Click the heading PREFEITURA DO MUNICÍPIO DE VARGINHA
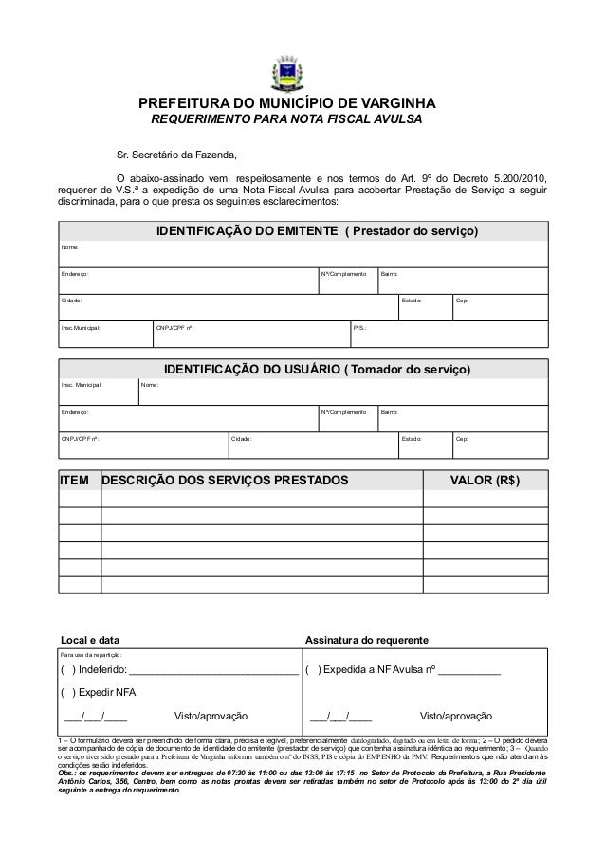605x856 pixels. tap(288, 102)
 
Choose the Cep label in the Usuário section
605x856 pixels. tap(462, 439)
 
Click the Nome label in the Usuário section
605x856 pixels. tap(150, 386)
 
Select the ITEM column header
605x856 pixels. tap(75, 480)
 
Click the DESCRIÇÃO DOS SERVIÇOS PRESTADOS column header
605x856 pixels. tap(225, 480)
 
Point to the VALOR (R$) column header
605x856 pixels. tap(485, 480)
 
